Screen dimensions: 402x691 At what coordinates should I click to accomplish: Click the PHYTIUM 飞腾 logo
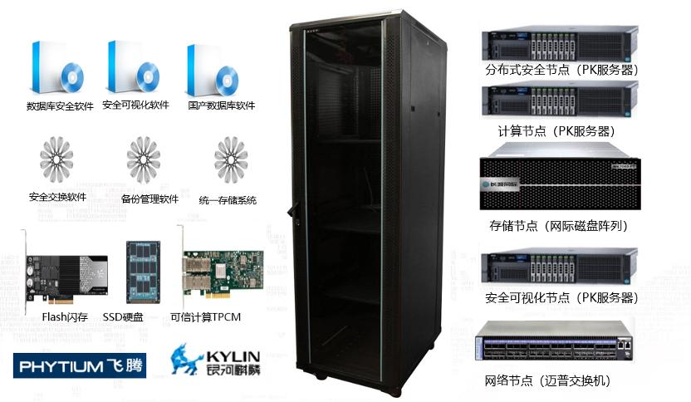[80, 365]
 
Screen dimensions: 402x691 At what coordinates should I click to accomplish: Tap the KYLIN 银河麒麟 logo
[215, 360]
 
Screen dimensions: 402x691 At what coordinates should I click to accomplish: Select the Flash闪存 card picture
[65, 272]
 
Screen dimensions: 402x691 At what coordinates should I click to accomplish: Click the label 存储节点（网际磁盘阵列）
[557, 225]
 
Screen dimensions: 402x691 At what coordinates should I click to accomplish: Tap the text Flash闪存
[66, 316]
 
